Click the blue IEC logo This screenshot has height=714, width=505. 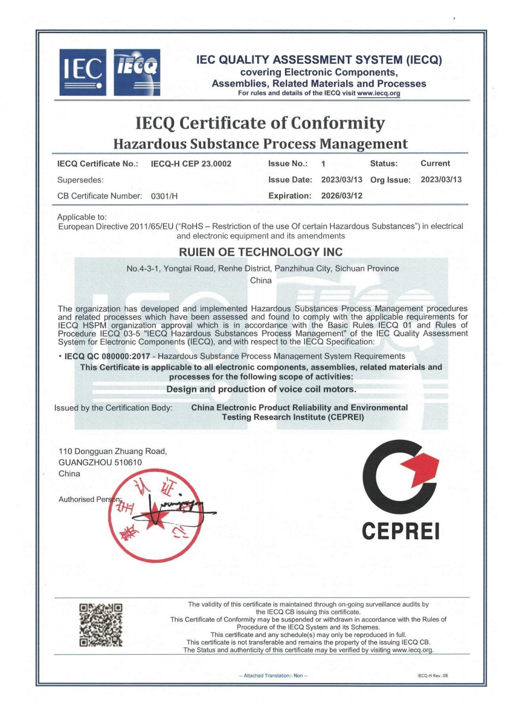(x=82, y=72)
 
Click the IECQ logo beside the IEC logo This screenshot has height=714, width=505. (x=137, y=72)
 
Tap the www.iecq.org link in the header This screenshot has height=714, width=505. (x=378, y=94)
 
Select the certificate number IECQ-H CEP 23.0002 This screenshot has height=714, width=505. (x=191, y=164)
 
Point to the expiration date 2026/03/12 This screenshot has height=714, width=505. (x=341, y=196)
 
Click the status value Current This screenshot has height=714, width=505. (x=435, y=164)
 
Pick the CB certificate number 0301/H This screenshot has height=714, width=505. (x=164, y=196)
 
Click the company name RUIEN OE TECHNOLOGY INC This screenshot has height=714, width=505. (x=261, y=252)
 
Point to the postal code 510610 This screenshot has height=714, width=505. (x=128, y=463)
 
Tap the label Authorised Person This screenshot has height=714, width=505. (x=89, y=500)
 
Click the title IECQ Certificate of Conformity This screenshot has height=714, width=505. (x=260, y=123)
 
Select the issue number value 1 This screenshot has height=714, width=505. (x=323, y=164)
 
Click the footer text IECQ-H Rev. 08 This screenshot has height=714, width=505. (x=432, y=676)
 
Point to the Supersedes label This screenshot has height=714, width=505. (x=80, y=180)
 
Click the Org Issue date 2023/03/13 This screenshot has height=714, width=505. (x=441, y=180)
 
